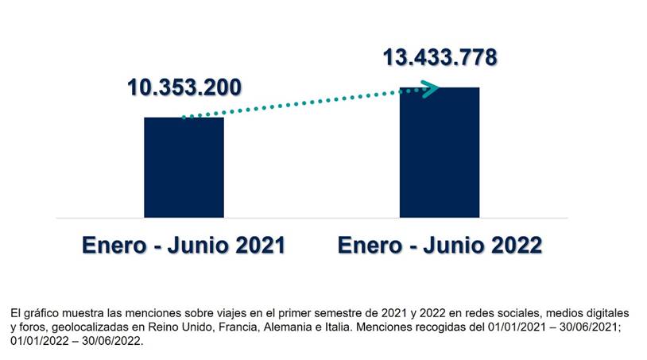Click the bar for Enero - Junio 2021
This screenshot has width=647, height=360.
pos(184,167)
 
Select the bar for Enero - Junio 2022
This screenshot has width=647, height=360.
pos(439,152)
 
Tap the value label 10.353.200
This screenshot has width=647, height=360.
pos(184,87)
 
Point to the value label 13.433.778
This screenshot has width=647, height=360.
pos(440,58)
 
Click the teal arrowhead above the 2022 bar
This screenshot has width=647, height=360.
pos(430,89)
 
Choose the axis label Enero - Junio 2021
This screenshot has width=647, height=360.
pos(184,244)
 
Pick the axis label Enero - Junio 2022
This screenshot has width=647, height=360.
pos(440,244)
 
